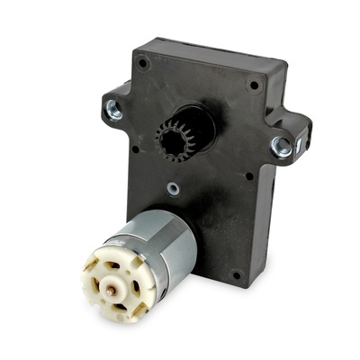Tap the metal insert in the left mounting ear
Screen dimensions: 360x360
point(114,109)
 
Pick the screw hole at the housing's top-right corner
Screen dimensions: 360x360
point(255,85)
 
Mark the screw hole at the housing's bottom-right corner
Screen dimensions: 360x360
point(236,274)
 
